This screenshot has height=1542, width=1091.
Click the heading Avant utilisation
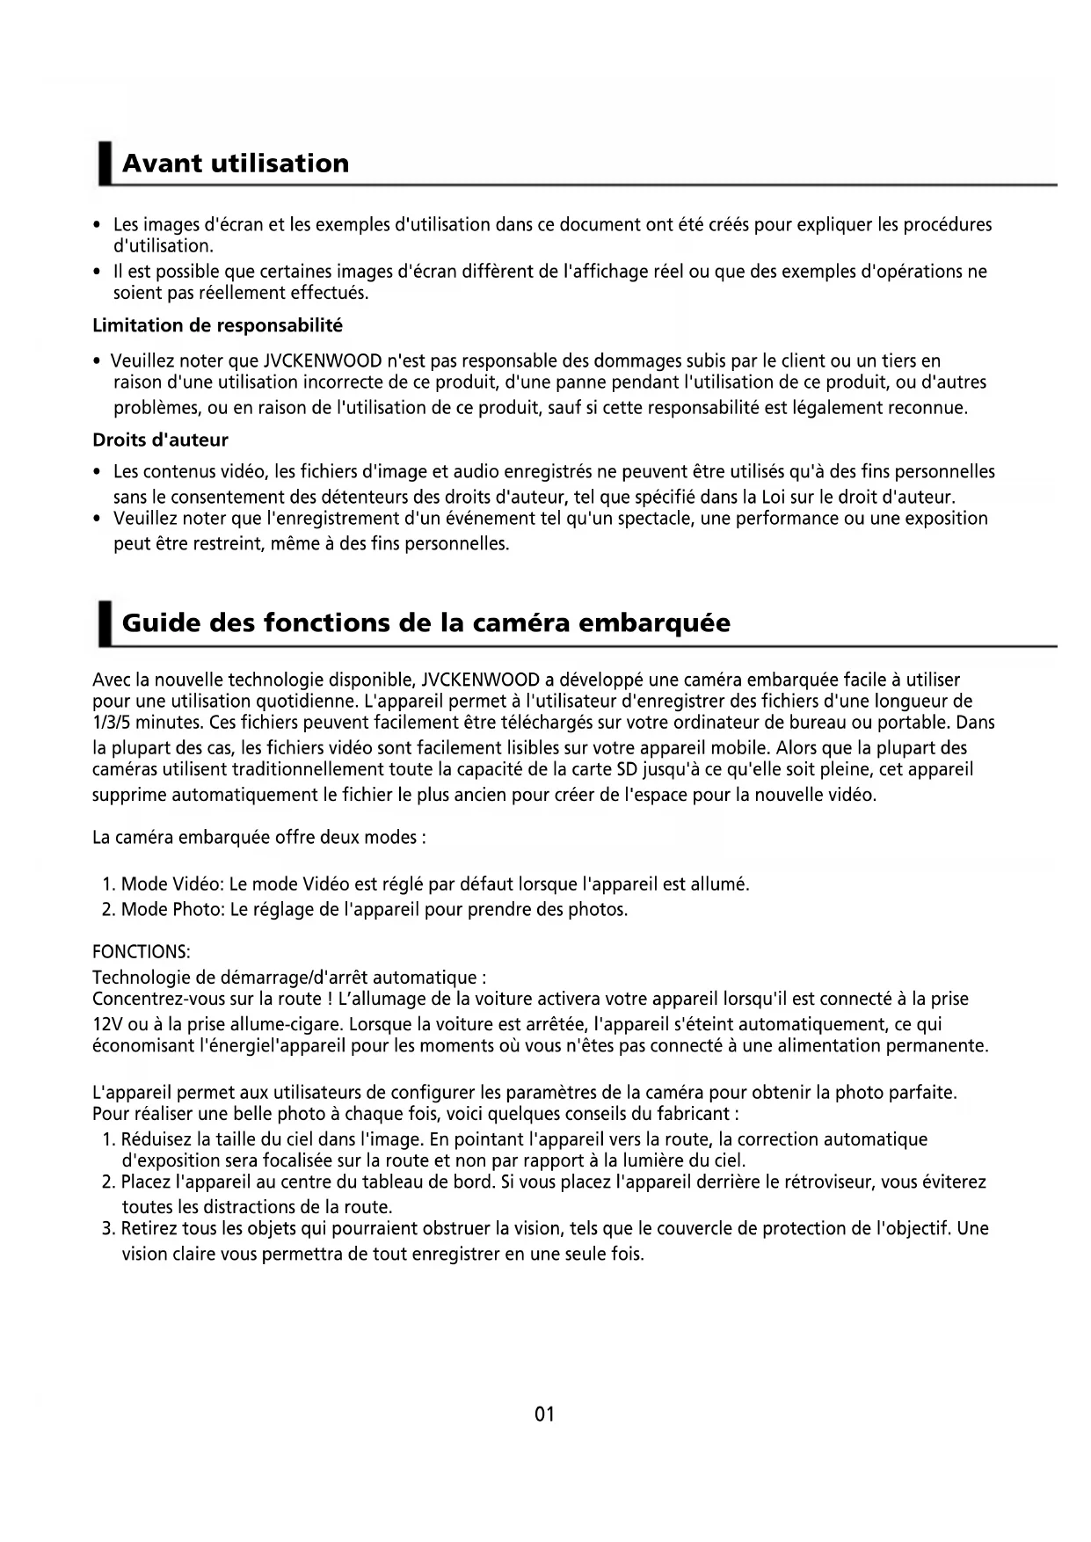[x=235, y=164]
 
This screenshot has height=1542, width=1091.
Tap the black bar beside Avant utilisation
[x=105, y=164]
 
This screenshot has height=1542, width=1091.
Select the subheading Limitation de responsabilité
[x=217, y=326]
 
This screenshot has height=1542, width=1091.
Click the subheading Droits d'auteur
[x=160, y=440]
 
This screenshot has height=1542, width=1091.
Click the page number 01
[x=544, y=1415]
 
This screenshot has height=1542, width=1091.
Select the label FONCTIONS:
[x=141, y=953]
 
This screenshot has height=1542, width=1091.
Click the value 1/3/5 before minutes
[x=113, y=723]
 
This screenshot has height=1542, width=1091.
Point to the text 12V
[x=107, y=1024]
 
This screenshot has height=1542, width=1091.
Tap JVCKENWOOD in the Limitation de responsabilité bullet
[x=323, y=361]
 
